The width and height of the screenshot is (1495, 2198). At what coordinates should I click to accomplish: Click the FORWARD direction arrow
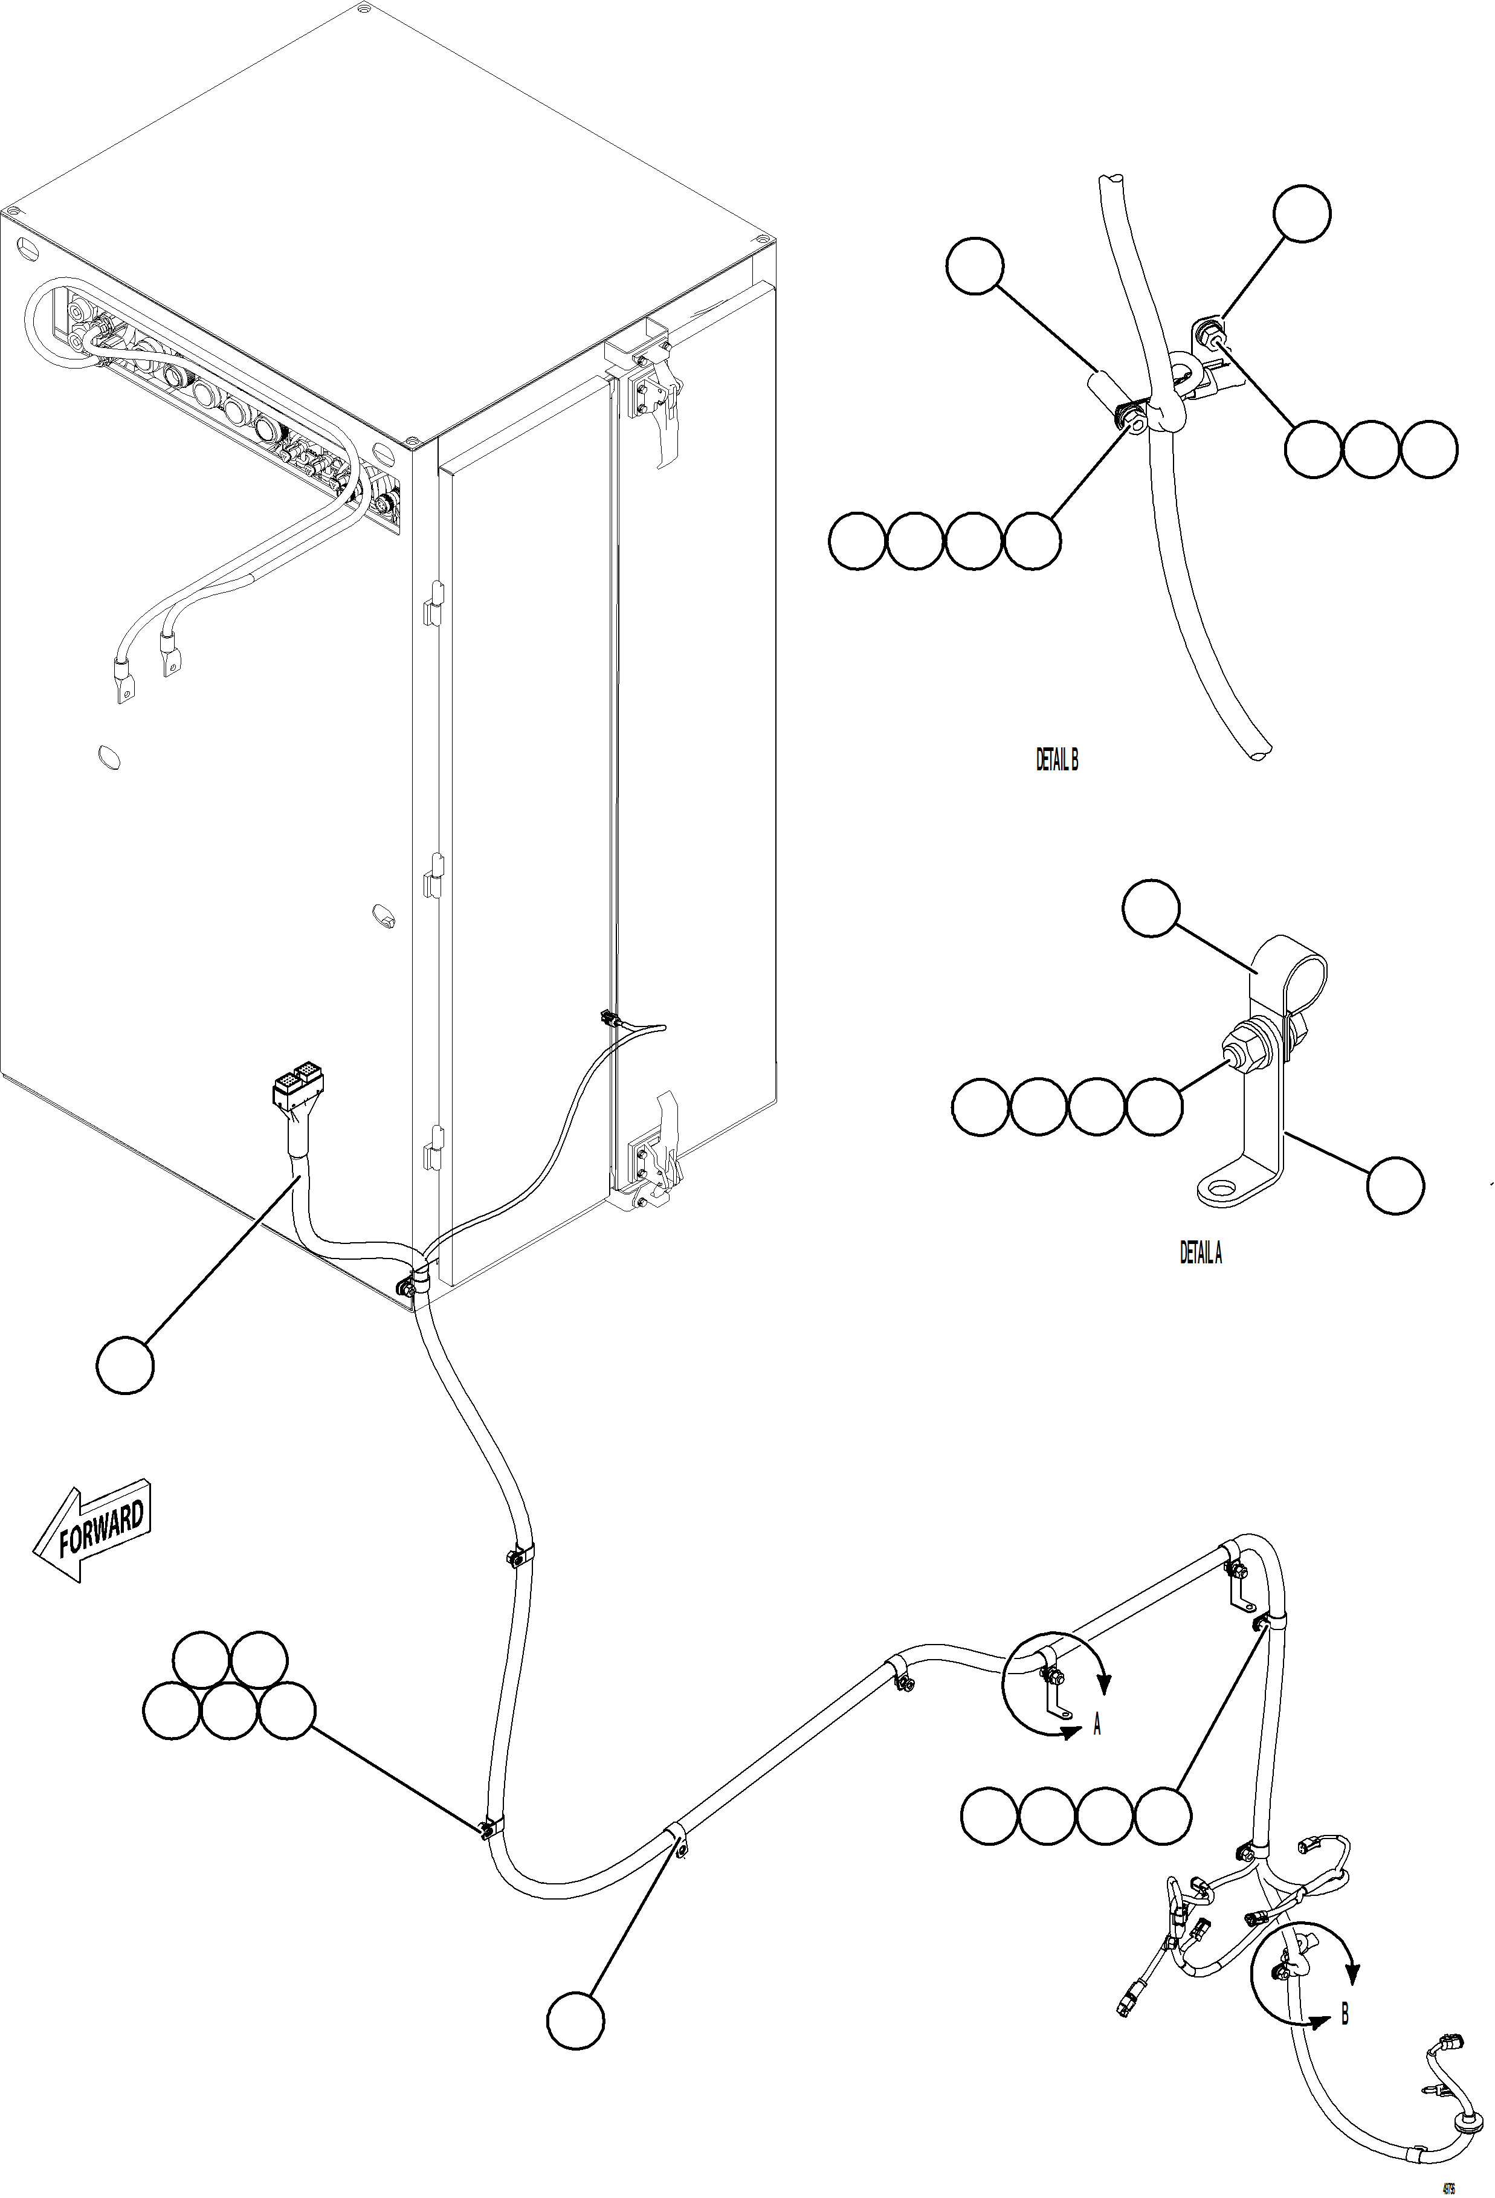coord(92,1534)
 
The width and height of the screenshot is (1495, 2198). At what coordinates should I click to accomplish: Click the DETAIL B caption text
coord(1056,759)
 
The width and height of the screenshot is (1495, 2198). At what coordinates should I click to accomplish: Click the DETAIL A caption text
coord(1200,1253)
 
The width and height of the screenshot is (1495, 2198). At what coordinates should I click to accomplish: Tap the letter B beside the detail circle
coord(1345,2014)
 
